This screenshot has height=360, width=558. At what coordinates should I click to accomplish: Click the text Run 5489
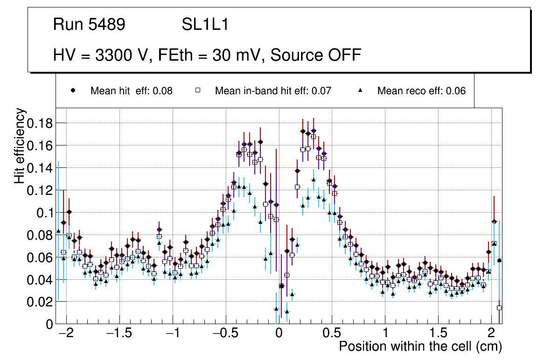[x=89, y=25]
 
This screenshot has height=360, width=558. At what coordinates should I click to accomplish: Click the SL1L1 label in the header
[x=205, y=25]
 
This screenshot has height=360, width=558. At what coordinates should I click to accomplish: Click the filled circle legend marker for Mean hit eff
[x=73, y=91]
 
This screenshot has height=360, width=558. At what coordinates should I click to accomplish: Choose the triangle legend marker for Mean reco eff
[x=360, y=91]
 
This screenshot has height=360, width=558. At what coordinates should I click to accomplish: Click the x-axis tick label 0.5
[x=332, y=335]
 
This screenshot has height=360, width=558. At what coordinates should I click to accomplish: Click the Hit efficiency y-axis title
[x=20, y=145]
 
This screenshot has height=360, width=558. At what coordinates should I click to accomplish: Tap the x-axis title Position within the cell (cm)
[x=420, y=347]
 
